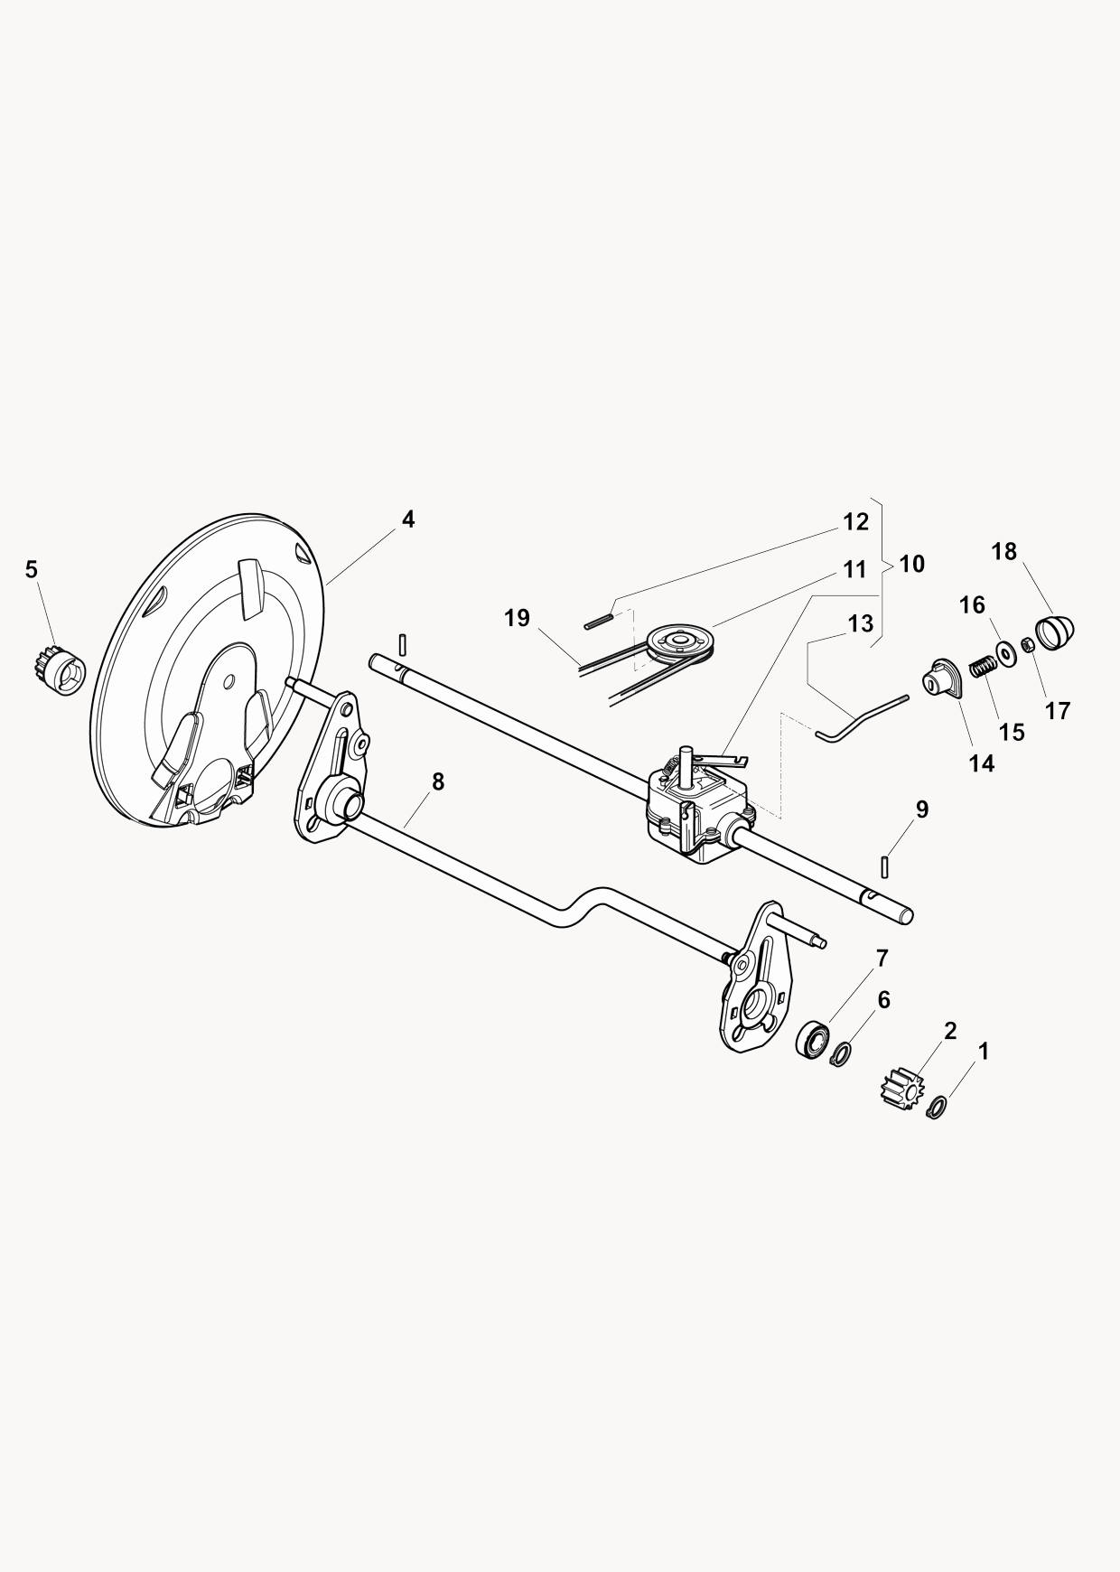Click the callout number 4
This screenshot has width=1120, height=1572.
tap(408, 519)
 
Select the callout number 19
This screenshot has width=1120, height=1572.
tap(517, 618)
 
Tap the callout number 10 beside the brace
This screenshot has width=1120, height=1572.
tap(912, 564)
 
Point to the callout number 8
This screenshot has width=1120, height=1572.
tap(438, 781)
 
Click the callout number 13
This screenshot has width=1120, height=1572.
tap(861, 623)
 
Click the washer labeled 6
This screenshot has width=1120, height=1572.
tap(842, 1053)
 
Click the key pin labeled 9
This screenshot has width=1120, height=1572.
tap(886, 866)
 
